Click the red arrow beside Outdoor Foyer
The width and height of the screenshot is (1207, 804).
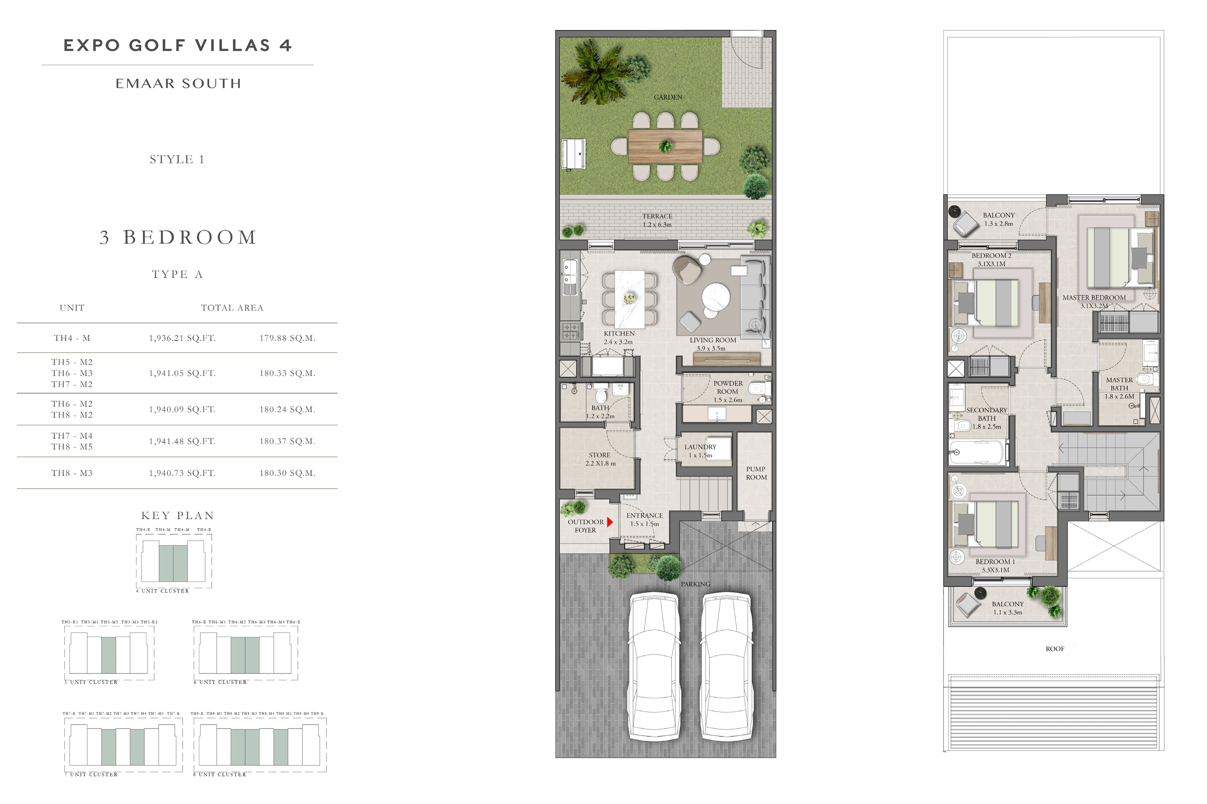point(610,522)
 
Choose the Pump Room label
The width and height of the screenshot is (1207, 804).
point(756,473)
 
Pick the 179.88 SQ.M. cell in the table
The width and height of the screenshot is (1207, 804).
point(287,338)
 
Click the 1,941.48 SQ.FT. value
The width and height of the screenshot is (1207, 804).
point(182,441)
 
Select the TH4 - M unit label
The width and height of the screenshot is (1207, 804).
point(72,338)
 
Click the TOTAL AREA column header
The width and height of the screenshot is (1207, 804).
point(232,308)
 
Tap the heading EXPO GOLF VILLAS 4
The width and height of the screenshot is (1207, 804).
point(177,45)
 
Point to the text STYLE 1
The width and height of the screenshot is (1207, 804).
point(177,159)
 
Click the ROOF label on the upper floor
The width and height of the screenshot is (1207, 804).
point(1055,649)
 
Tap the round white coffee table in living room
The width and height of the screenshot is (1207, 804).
point(715,296)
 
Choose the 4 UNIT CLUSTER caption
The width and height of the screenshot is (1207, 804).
point(162,591)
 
